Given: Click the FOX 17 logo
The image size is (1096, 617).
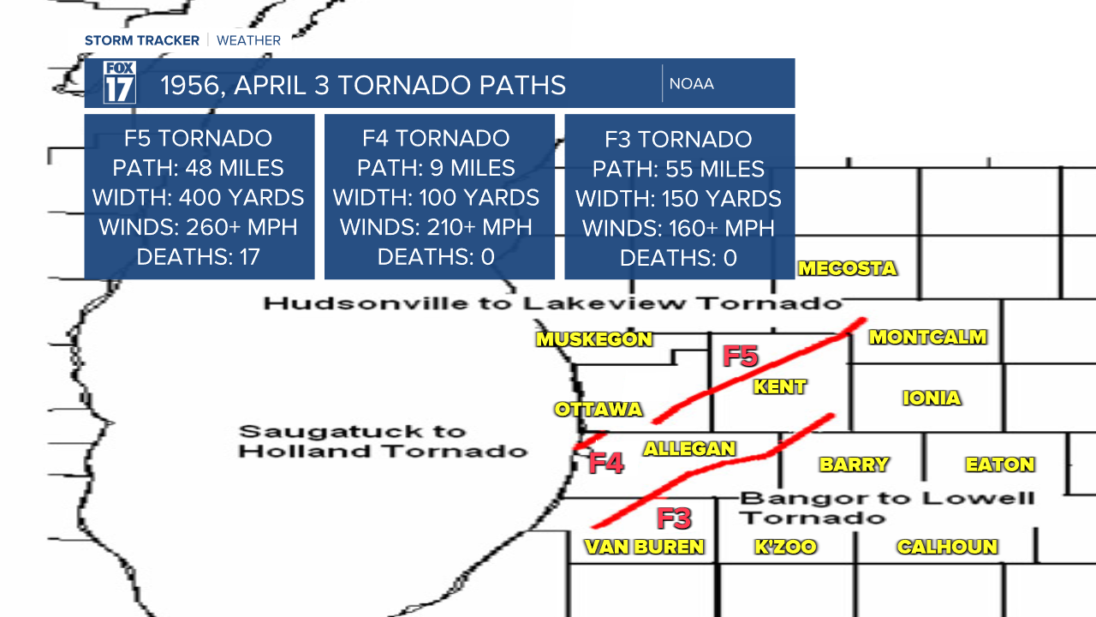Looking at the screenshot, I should [120, 83].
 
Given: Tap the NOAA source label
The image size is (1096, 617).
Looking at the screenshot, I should [691, 84].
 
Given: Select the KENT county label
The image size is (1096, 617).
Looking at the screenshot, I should [779, 386].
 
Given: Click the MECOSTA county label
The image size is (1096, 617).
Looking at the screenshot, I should [847, 268].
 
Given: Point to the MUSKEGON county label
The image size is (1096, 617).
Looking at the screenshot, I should [594, 339].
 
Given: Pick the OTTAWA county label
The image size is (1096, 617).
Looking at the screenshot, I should [599, 409].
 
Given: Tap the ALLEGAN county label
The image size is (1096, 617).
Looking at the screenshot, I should [689, 448].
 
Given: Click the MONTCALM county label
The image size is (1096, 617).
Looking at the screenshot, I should [928, 337].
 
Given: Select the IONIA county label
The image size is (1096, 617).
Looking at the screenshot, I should [932, 398].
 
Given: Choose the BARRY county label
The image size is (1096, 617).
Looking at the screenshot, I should [854, 464].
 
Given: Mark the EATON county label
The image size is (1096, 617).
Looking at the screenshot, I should [1000, 464].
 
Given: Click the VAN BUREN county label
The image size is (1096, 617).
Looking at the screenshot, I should [644, 547].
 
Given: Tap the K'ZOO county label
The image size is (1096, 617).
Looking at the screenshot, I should [785, 547].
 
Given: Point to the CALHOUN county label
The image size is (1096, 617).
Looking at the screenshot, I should [947, 547].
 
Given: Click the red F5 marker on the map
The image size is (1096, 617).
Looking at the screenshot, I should [741, 356].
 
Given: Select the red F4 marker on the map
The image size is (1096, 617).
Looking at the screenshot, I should [606, 464].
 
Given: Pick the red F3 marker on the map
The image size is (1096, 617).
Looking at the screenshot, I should [674, 518].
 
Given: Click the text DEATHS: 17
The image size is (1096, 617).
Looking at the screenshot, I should [198, 257].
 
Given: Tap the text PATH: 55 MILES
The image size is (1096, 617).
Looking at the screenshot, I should [678, 169].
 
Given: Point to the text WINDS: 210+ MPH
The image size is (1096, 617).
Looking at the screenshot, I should [436, 227].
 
